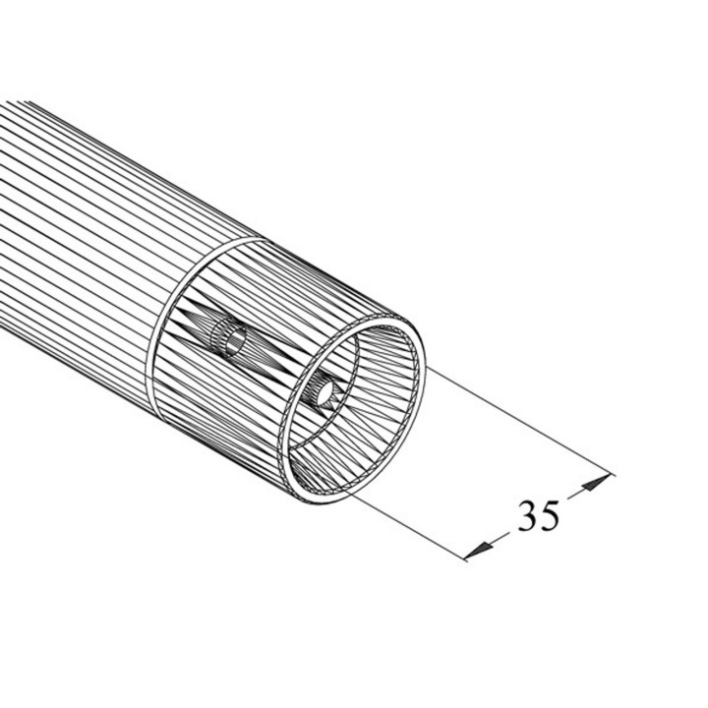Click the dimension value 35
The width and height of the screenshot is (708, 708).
[538, 516]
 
